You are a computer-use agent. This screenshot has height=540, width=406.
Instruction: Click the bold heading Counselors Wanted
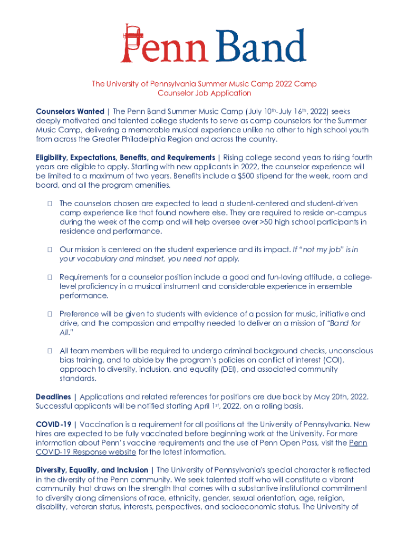click(x=70, y=112)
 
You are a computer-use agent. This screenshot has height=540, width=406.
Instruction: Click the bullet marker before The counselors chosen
click(x=49, y=204)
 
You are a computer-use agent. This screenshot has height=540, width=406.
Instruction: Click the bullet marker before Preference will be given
click(x=49, y=314)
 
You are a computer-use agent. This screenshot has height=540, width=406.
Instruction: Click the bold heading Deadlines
click(x=54, y=397)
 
